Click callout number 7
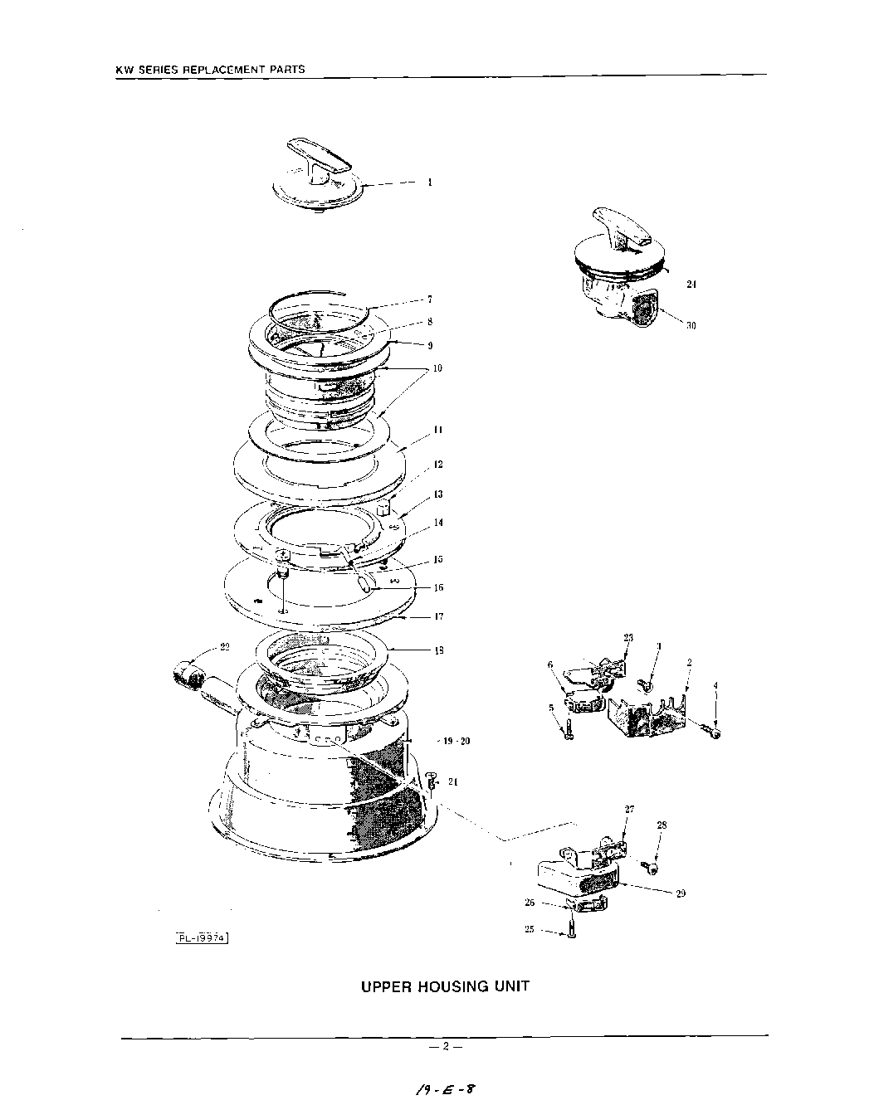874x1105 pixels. (x=429, y=299)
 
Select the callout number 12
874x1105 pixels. (x=437, y=465)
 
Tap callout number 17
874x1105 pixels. (x=438, y=616)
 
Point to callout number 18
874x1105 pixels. (x=438, y=650)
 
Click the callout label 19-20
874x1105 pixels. (x=454, y=741)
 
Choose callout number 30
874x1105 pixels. (x=691, y=325)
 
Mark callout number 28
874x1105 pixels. (x=662, y=825)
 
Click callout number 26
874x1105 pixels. (x=529, y=903)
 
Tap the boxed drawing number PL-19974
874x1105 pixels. (x=203, y=937)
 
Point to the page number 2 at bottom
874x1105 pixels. (x=445, y=1046)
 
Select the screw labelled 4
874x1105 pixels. (x=710, y=730)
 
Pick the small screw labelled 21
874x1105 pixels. (x=432, y=779)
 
